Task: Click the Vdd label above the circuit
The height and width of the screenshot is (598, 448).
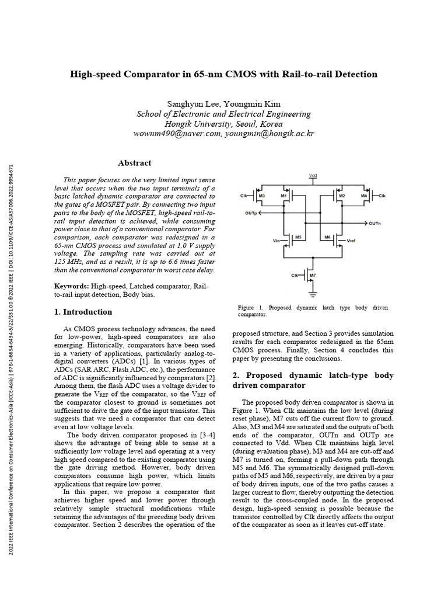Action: pos(313,175)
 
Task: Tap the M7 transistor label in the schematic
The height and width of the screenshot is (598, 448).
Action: pos(313,274)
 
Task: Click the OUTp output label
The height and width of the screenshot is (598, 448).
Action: pos(251,214)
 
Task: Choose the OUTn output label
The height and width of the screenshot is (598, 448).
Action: pos(374,223)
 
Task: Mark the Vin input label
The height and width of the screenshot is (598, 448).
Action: pos(276,239)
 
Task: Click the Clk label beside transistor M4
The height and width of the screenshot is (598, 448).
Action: pos(382,195)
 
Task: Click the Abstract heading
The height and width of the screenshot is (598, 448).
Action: pos(134,164)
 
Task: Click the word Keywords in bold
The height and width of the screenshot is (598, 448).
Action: pos(71,286)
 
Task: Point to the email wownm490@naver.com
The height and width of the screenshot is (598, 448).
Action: pos(177,134)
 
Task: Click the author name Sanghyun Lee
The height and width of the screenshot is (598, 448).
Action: pos(193,103)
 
